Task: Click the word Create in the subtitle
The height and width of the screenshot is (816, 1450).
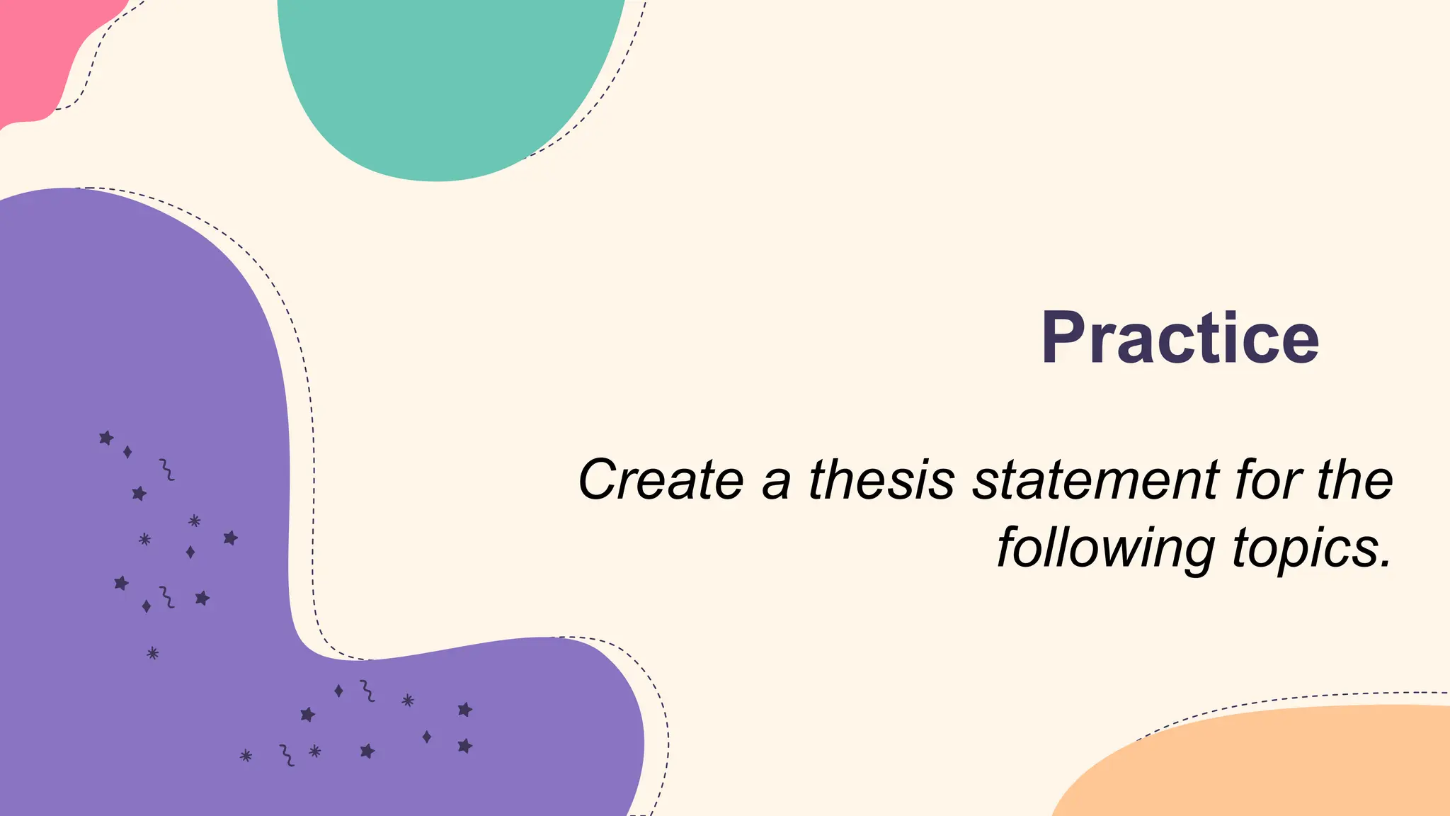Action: [x=661, y=480]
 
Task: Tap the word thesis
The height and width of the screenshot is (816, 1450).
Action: [x=881, y=480]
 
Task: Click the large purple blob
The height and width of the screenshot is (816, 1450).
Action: [x=142, y=354]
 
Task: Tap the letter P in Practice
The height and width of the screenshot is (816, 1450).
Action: [x=1066, y=338]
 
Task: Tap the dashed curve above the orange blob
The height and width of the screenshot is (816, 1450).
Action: [x=1274, y=700]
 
